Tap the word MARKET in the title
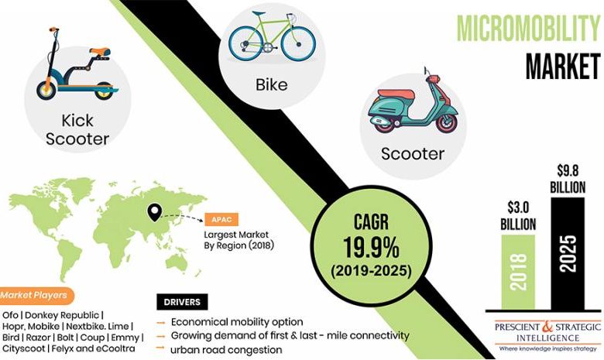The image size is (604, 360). [563, 66]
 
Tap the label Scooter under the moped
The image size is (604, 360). [413, 153]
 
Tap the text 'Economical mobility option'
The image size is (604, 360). [237, 321]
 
